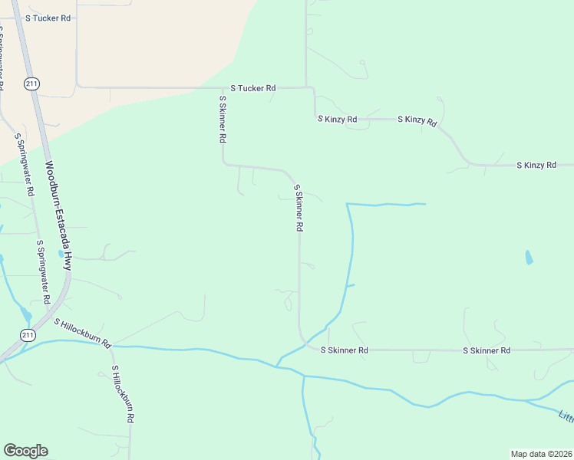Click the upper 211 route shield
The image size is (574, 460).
coord(31,84)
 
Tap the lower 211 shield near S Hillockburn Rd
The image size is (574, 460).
coord(28,335)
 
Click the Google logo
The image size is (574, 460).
coord(25,451)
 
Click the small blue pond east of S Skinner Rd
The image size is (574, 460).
coord(529,258)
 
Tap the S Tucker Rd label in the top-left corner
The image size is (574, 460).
coord(48,17)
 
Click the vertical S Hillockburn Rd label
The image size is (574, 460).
coord(123,394)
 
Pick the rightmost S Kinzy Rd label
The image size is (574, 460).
coord(536,165)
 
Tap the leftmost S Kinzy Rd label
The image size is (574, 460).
coord(337,120)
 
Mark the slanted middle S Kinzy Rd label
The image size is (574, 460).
coord(417,121)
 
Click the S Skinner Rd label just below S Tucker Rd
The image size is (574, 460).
coord(223,119)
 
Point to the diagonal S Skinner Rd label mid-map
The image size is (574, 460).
coord(299,208)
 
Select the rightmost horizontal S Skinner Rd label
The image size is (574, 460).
coord(487,350)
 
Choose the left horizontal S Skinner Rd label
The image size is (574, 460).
coord(344,350)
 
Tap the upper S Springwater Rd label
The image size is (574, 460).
coord(25,166)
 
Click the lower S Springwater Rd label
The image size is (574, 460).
coord(43,271)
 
